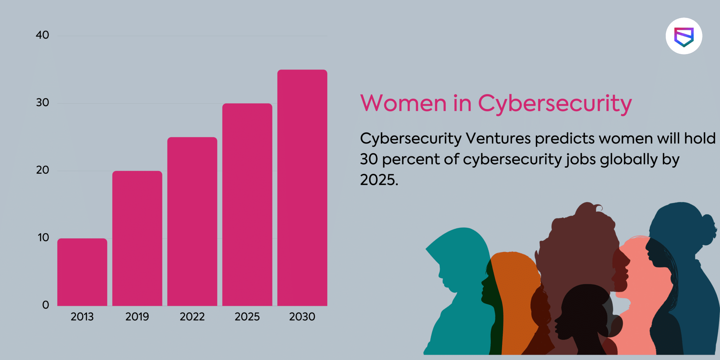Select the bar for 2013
pyautogui.click(x=82, y=272)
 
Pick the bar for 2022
pyautogui.click(x=192, y=221)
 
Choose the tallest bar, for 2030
pyautogui.click(x=302, y=188)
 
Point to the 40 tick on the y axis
pyautogui.click(x=43, y=35)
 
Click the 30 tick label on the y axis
pyautogui.click(x=43, y=103)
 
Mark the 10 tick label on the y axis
pyautogui.click(x=43, y=238)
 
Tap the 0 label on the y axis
pyautogui.click(x=46, y=305)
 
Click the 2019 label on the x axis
pyautogui.click(x=137, y=317)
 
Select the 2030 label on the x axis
pyautogui.click(x=302, y=317)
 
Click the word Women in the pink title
pyautogui.click(x=404, y=103)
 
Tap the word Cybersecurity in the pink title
pyautogui.click(x=555, y=104)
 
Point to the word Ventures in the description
pyautogui.click(x=498, y=139)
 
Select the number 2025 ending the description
pyautogui.click(x=378, y=180)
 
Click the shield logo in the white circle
pyautogui.click(x=684, y=37)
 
